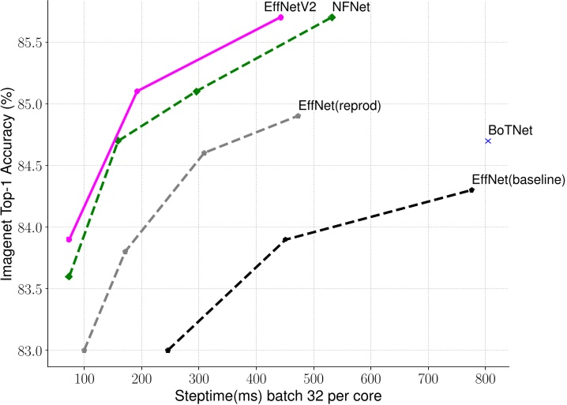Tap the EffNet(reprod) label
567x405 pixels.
click(x=340, y=105)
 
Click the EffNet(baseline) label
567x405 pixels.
click(x=518, y=179)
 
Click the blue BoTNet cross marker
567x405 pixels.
click(x=488, y=141)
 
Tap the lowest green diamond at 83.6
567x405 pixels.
click(x=69, y=276)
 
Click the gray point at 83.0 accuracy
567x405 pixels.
click(x=84, y=350)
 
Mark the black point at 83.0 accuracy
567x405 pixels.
click(x=168, y=350)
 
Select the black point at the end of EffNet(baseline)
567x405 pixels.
click(x=471, y=189)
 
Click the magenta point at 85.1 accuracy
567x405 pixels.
click(x=137, y=91)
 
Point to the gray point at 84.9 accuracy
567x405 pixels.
click(x=297, y=115)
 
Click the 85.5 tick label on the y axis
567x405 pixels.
click(x=32, y=42)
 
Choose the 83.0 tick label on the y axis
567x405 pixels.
click(x=32, y=351)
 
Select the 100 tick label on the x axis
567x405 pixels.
click(x=84, y=378)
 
